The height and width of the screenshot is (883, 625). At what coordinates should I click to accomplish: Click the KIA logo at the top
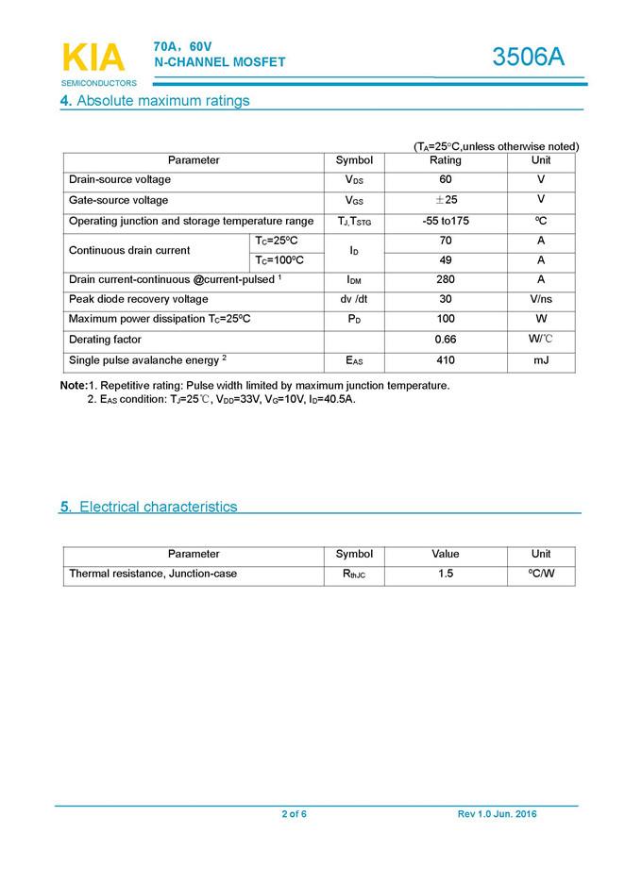coord(93,58)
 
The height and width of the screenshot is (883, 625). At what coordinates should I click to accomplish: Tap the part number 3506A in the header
coord(528,58)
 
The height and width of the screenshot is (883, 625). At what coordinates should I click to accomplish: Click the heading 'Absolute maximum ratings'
coord(162,101)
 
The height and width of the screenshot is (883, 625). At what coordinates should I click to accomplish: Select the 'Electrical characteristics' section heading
coord(158,507)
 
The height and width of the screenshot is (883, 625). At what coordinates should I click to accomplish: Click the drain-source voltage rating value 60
coord(446,179)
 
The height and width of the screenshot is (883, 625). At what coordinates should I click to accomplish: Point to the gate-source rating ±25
coord(445,200)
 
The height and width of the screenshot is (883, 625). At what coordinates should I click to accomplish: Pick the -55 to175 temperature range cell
coord(446,221)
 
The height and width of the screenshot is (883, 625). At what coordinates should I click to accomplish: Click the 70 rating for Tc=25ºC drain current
coord(446,241)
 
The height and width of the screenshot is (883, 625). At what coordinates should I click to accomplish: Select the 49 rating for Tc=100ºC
coord(446,259)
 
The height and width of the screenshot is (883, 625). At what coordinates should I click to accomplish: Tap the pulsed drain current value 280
coord(446,279)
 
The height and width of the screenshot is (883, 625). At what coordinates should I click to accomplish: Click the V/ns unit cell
coord(541,299)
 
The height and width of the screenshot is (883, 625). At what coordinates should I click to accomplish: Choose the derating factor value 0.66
coord(446,340)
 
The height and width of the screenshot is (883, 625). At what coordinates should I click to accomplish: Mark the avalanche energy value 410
coord(446,360)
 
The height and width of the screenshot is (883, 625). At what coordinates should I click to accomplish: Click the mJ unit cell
coord(541,360)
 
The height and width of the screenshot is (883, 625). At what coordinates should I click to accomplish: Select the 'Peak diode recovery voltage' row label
coord(139,299)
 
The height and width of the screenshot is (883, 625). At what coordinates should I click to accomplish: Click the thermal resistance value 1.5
coord(446,574)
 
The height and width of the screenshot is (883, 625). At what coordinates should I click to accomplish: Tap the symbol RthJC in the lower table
coord(354,575)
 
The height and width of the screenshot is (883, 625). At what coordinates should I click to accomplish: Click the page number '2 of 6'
coord(294,814)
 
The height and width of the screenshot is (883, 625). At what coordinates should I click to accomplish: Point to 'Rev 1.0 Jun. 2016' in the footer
coord(497,814)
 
